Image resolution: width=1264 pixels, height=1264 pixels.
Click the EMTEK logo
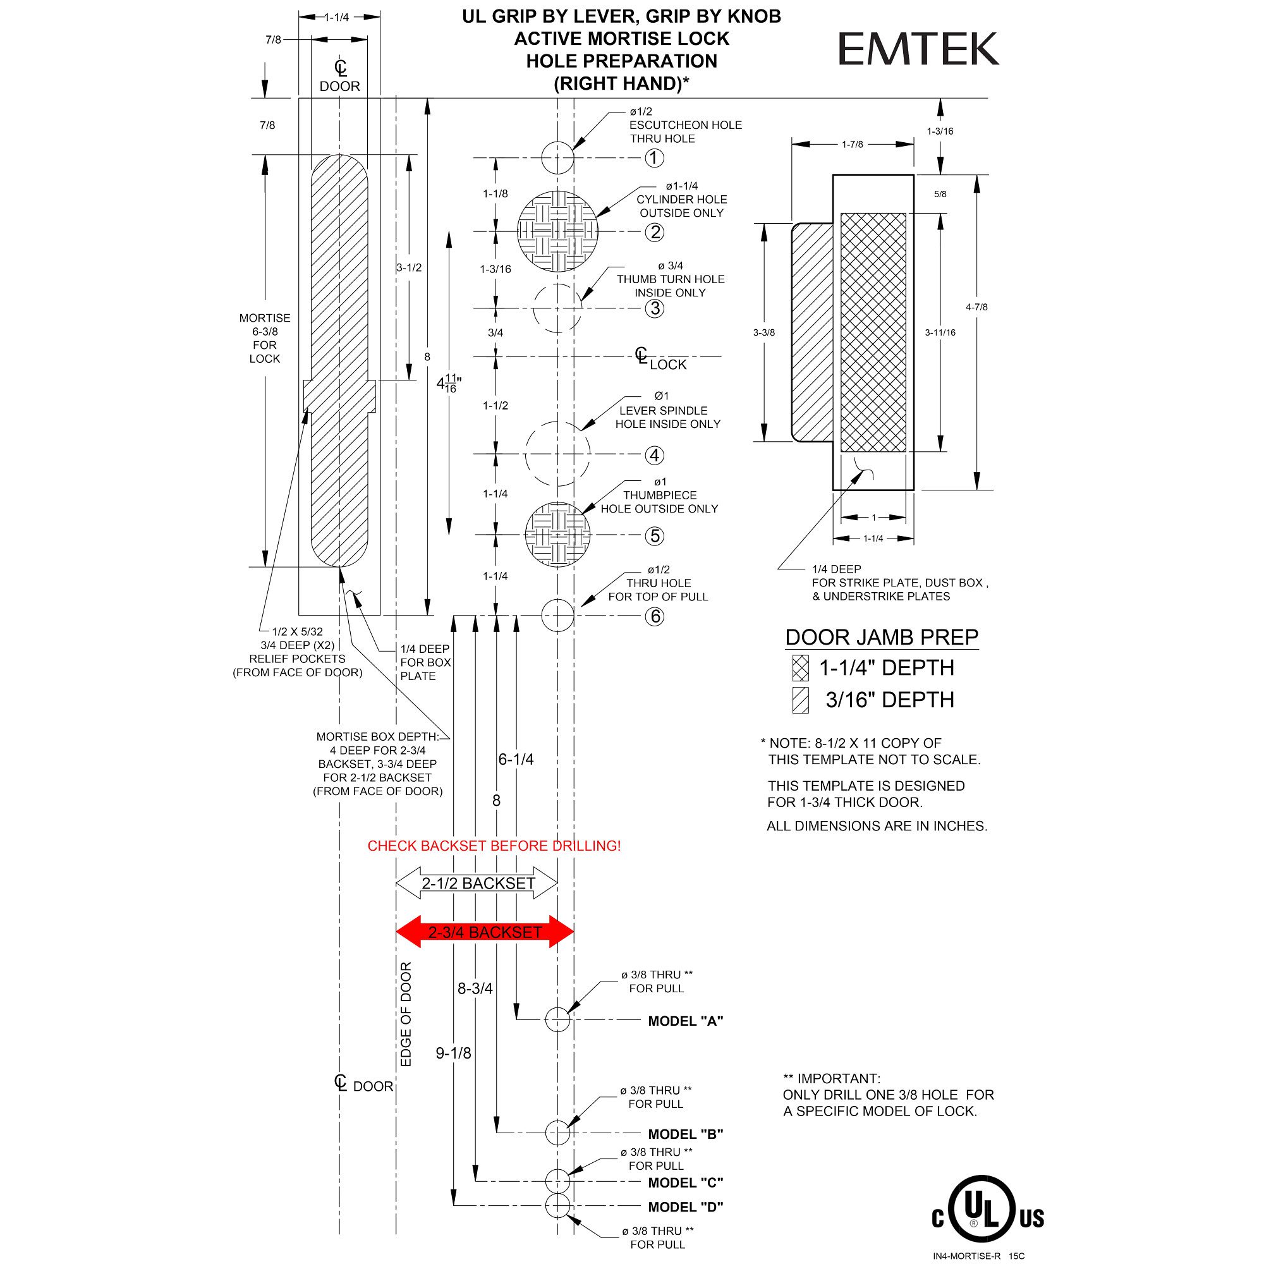coord(917,50)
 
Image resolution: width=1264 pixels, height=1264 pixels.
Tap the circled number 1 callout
coord(653,157)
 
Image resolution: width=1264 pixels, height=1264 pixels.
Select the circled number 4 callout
coord(654,454)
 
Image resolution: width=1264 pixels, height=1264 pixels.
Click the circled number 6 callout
coord(654,616)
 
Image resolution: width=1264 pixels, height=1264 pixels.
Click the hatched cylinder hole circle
coord(557,231)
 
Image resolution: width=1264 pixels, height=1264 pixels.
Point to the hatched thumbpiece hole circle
coord(557,535)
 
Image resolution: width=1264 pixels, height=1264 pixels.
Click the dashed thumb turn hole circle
coord(557,308)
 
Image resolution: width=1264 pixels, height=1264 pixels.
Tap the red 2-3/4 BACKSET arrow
coord(485,932)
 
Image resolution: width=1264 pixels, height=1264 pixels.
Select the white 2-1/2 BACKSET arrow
coord(477,884)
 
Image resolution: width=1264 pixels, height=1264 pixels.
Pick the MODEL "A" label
coord(685,1021)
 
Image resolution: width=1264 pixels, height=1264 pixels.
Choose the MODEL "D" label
coord(685,1207)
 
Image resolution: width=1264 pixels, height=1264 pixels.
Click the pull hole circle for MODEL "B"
coord(557,1133)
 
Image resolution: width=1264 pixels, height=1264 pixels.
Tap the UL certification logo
coord(987,1218)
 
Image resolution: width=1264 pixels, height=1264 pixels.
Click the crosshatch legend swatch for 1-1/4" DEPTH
coord(800,668)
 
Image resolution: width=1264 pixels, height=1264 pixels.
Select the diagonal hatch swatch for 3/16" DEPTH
coord(800,700)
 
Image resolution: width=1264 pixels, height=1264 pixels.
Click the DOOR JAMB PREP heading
coord(881,637)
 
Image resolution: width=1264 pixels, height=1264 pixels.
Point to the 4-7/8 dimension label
coord(976,307)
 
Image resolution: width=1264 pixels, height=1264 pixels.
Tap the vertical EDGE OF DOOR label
coord(406,1014)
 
